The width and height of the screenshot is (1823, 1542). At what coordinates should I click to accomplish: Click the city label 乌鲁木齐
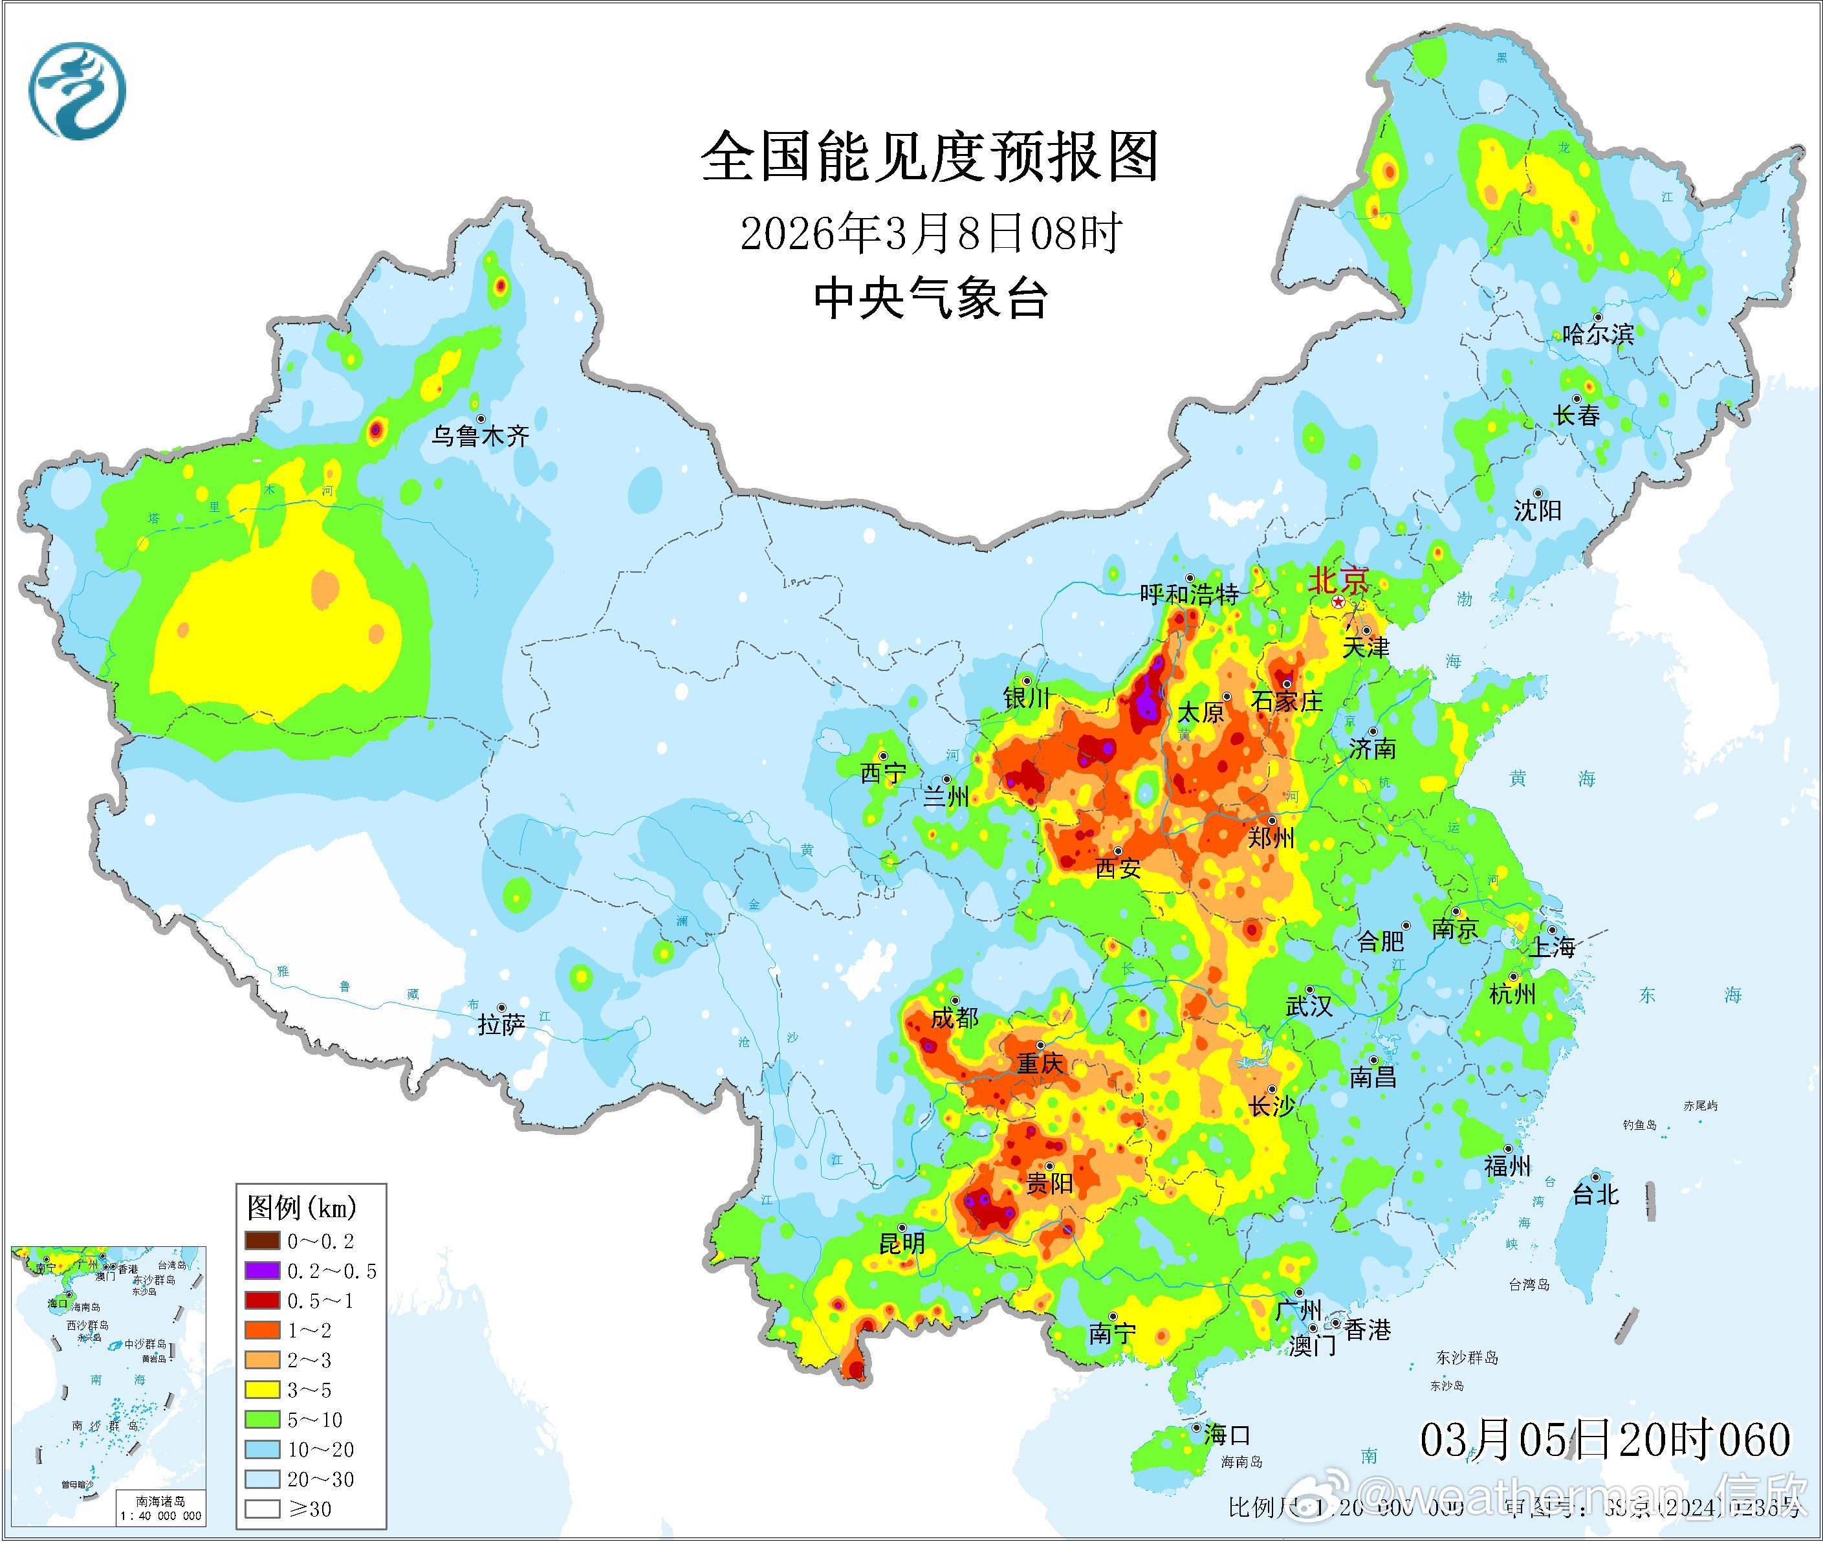coord(480,435)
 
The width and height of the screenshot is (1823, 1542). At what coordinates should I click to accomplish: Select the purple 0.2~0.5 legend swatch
coord(262,1271)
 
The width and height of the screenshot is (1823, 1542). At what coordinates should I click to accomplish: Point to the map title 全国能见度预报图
coord(929,157)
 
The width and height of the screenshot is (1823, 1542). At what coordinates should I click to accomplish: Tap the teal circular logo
coord(77,92)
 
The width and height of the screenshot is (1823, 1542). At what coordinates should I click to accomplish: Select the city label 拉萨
coord(501,1024)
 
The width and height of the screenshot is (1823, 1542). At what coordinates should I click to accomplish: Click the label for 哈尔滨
coord(1597,334)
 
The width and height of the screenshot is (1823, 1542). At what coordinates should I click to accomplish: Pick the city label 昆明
coord(901,1243)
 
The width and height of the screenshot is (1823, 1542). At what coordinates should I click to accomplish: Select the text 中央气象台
coord(930,299)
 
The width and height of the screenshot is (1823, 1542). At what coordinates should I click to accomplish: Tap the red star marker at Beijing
coord(1338,603)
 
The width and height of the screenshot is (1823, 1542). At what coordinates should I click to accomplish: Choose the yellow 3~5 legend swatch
coord(262,1390)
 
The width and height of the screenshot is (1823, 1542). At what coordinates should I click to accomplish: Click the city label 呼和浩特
coord(1190,595)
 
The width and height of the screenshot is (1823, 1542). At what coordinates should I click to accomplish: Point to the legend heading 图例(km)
coord(301,1208)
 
